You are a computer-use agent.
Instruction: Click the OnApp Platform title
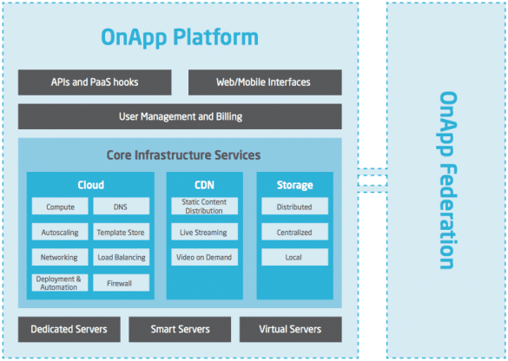coord(180,38)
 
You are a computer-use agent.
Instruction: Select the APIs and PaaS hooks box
coord(95,82)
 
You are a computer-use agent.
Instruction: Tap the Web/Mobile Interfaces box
coord(265,82)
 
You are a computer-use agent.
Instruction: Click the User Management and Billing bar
coord(180,116)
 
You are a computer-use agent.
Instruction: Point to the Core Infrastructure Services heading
coord(183,155)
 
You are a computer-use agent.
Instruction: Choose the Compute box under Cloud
coord(60,207)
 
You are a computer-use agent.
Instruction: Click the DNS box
coord(122,207)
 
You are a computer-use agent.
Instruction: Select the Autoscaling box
coord(60,232)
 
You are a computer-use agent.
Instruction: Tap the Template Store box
coord(122,232)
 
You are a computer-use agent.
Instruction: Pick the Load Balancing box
coord(122,257)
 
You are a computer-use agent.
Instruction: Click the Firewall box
coord(122,283)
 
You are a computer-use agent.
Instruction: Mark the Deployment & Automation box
coord(60,283)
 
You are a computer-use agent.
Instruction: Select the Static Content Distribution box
coord(204,207)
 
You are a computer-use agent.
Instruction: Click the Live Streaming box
coord(204,232)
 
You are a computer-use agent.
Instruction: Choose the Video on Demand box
coord(204,257)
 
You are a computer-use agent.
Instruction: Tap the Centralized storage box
coord(295,232)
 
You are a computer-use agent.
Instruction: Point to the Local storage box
coord(295,257)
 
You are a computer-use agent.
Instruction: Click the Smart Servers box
coord(180,329)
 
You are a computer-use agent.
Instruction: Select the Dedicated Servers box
coord(69,329)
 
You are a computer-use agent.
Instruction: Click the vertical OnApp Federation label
coord(448,180)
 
